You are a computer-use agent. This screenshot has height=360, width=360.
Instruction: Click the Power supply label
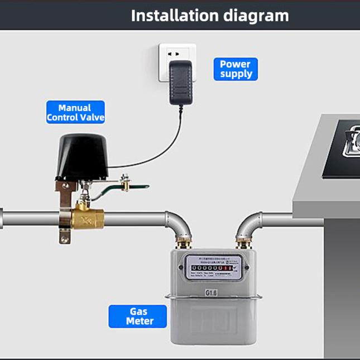[x=235, y=69]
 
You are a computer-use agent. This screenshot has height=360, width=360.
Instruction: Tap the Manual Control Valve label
[x=75, y=112]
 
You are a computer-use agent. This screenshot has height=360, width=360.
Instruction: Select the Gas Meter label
[x=138, y=316]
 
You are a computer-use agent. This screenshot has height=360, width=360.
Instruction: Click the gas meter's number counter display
[x=211, y=268]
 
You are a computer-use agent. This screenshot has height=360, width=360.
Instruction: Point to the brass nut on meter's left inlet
[x=183, y=243]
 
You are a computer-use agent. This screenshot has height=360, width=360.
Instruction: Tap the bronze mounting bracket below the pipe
[x=65, y=235]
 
